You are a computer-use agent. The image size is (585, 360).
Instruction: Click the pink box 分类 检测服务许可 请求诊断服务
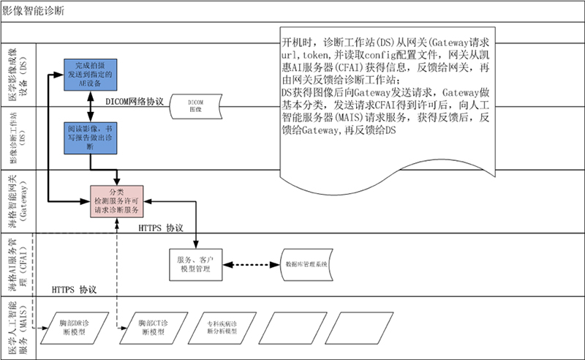(x=116, y=200)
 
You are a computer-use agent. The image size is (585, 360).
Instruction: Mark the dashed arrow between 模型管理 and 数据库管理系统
(x=253, y=263)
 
